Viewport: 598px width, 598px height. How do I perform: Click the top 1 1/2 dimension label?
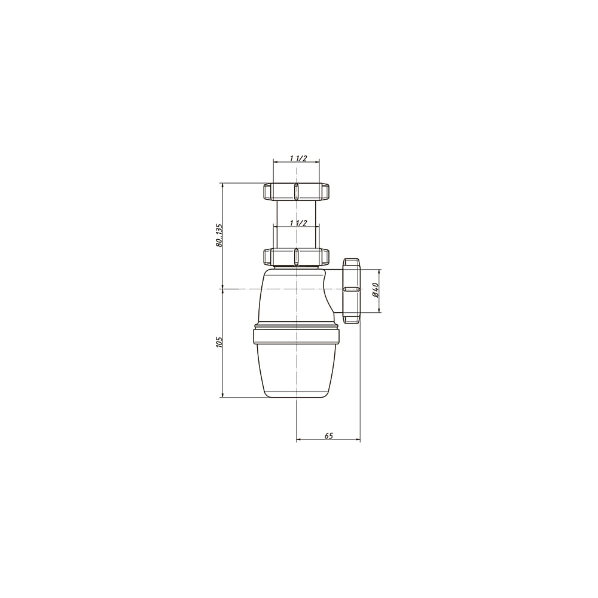(x=298, y=158)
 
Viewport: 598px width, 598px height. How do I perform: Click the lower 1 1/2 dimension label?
(x=298, y=223)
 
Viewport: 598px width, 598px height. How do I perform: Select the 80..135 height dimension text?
(x=218, y=235)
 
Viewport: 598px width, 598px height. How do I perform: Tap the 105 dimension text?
(x=218, y=343)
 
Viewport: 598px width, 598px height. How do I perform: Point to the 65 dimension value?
(x=329, y=435)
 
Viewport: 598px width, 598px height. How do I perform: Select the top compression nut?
(x=296, y=191)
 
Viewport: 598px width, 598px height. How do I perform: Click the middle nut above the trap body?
(x=296, y=257)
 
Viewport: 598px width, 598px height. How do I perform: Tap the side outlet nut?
(x=352, y=291)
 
